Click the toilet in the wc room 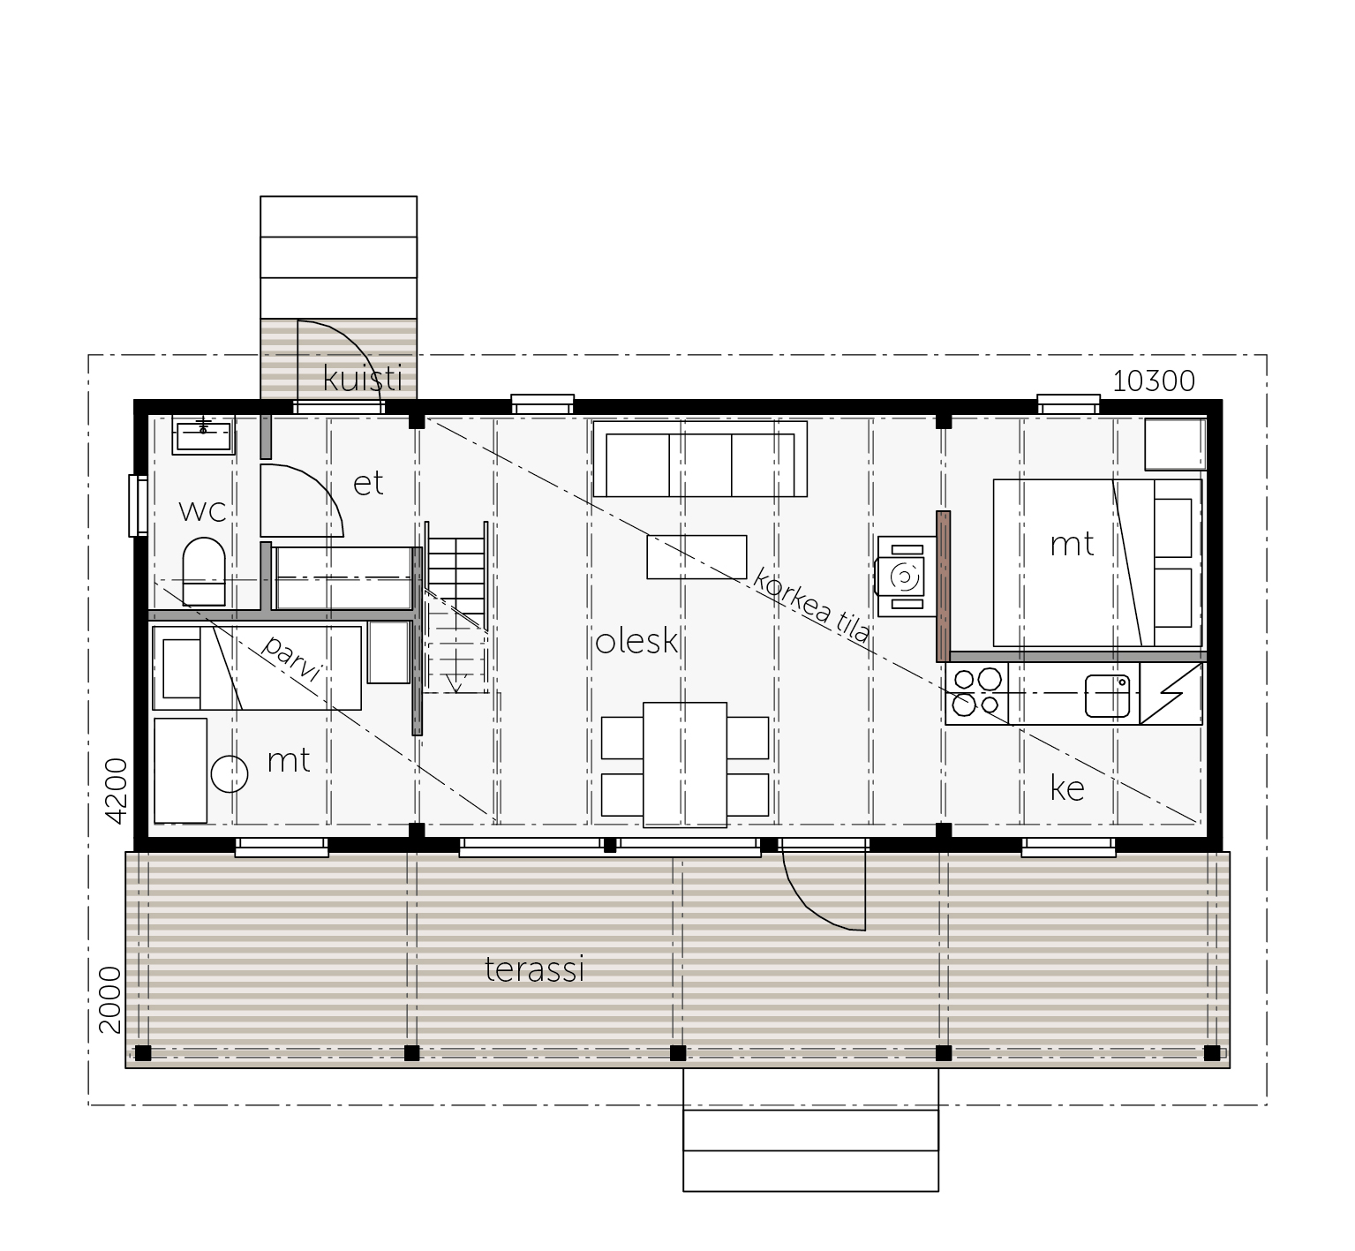click(203, 571)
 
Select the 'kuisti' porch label click(363, 378)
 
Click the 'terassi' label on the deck click(535, 969)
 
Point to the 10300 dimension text click(1154, 381)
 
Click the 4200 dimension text click(117, 790)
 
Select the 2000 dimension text click(109, 1000)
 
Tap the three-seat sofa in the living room click(700, 459)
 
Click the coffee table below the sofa click(696, 557)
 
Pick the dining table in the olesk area click(685, 765)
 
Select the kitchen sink click(1108, 696)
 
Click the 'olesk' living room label click(636, 642)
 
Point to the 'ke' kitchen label click(1067, 788)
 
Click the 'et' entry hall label click(368, 483)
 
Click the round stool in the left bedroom click(230, 774)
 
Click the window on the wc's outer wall click(138, 505)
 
